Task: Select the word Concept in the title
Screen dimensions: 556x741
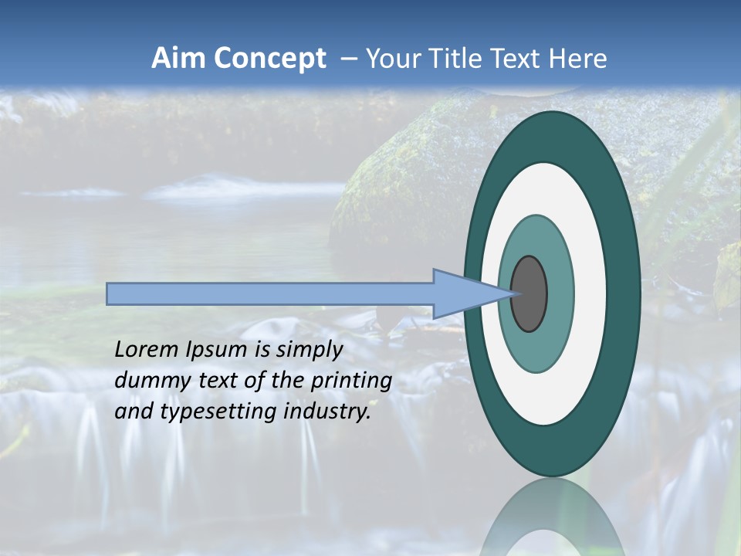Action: [269, 59]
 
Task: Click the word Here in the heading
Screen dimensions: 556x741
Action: [577, 59]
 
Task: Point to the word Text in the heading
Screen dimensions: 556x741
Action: [519, 59]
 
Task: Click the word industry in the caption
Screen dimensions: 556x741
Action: [326, 412]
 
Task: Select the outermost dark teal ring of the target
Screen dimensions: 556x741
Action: [624, 293]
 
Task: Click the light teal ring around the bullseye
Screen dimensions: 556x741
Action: [560, 293]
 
